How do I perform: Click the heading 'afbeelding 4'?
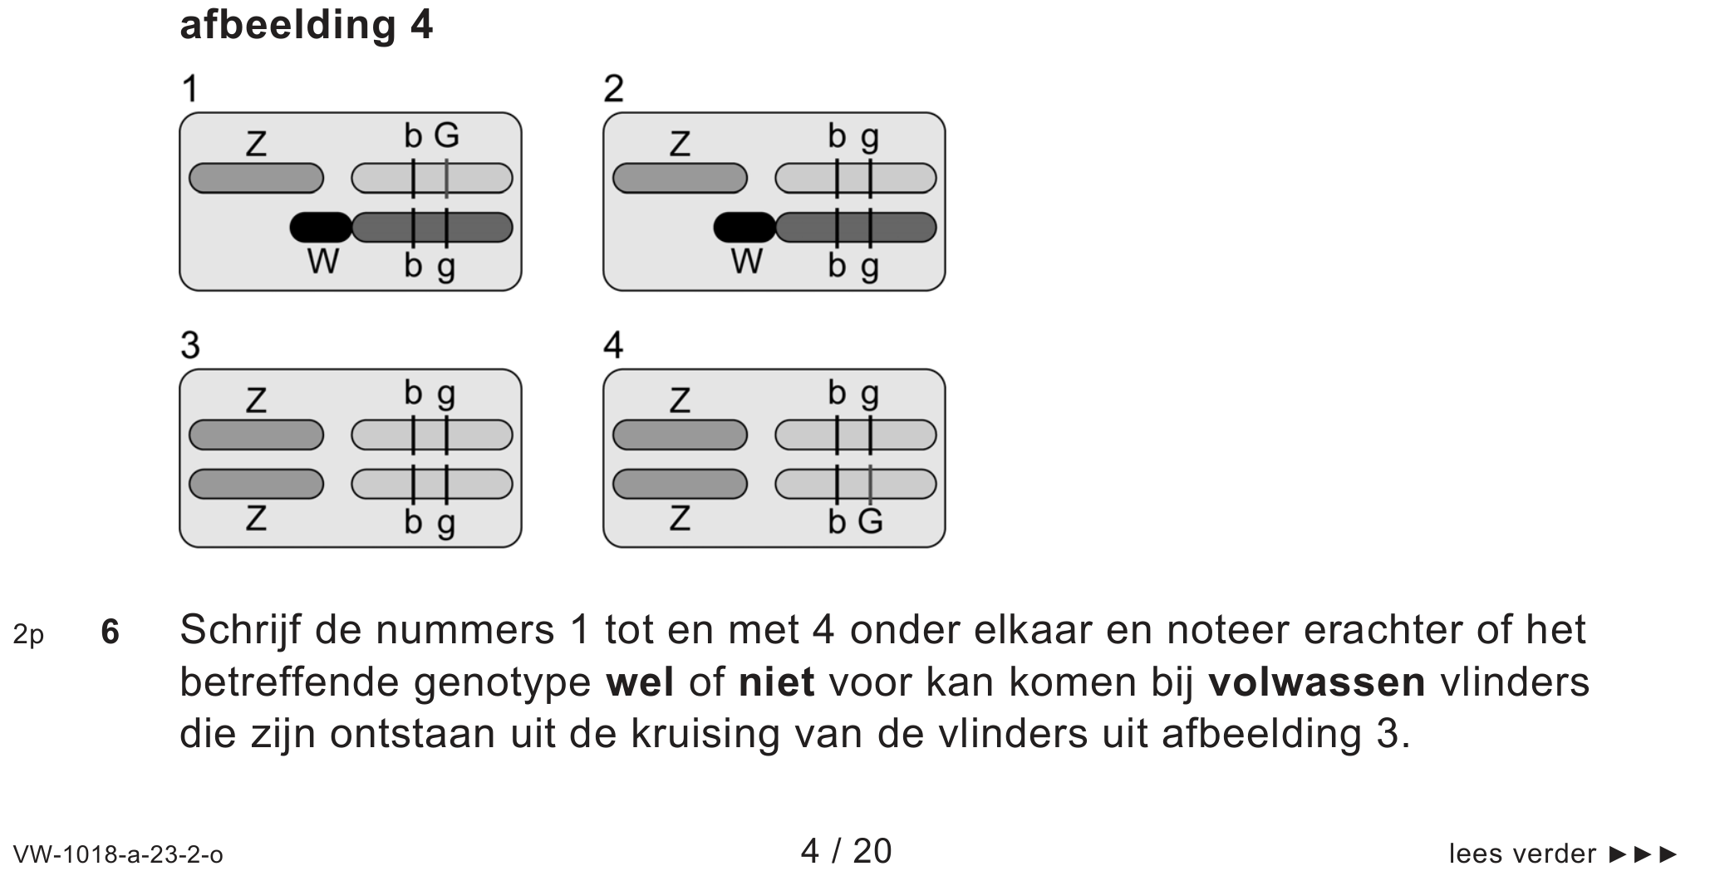pyautogui.click(x=306, y=26)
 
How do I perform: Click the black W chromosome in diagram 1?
pyautogui.click(x=321, y=227)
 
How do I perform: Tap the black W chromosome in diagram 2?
pyautogui.click(x=744, y=227)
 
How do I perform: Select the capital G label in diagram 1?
pyautogui.click(x=446, y=135)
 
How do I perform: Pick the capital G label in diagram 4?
pyautogui.click(x=870, y=522)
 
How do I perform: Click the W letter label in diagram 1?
pyautogui.click(x=322, y=263)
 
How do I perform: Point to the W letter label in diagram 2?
pyautogui.click(x=746, y=263)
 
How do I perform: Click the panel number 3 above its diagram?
pyautogui.click(x=190, y=345)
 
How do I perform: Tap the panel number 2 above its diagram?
pyautogui.click(x=613, y=89)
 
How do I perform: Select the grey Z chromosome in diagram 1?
pyautogui.click(x=256, y=178)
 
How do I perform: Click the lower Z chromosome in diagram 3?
pyautogui.click(x=256, y=484)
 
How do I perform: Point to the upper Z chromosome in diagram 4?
pyautogui.click(x=680, y=435)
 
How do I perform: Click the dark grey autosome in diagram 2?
pyautogui.click(x=856, y=227)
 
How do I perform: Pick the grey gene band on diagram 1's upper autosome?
pyautogui.click(x=446, y=178)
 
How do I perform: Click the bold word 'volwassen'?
pyautogui.click(x=1316, y=683)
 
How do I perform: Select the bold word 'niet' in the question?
pyautogui.click(x=776, y=683)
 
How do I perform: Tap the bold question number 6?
pyautogui.click(x=110, y=633)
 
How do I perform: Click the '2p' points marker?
pyautogui.click(x=28, y=635)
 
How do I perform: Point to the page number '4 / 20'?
pyautogui.click(x=846, y=852)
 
